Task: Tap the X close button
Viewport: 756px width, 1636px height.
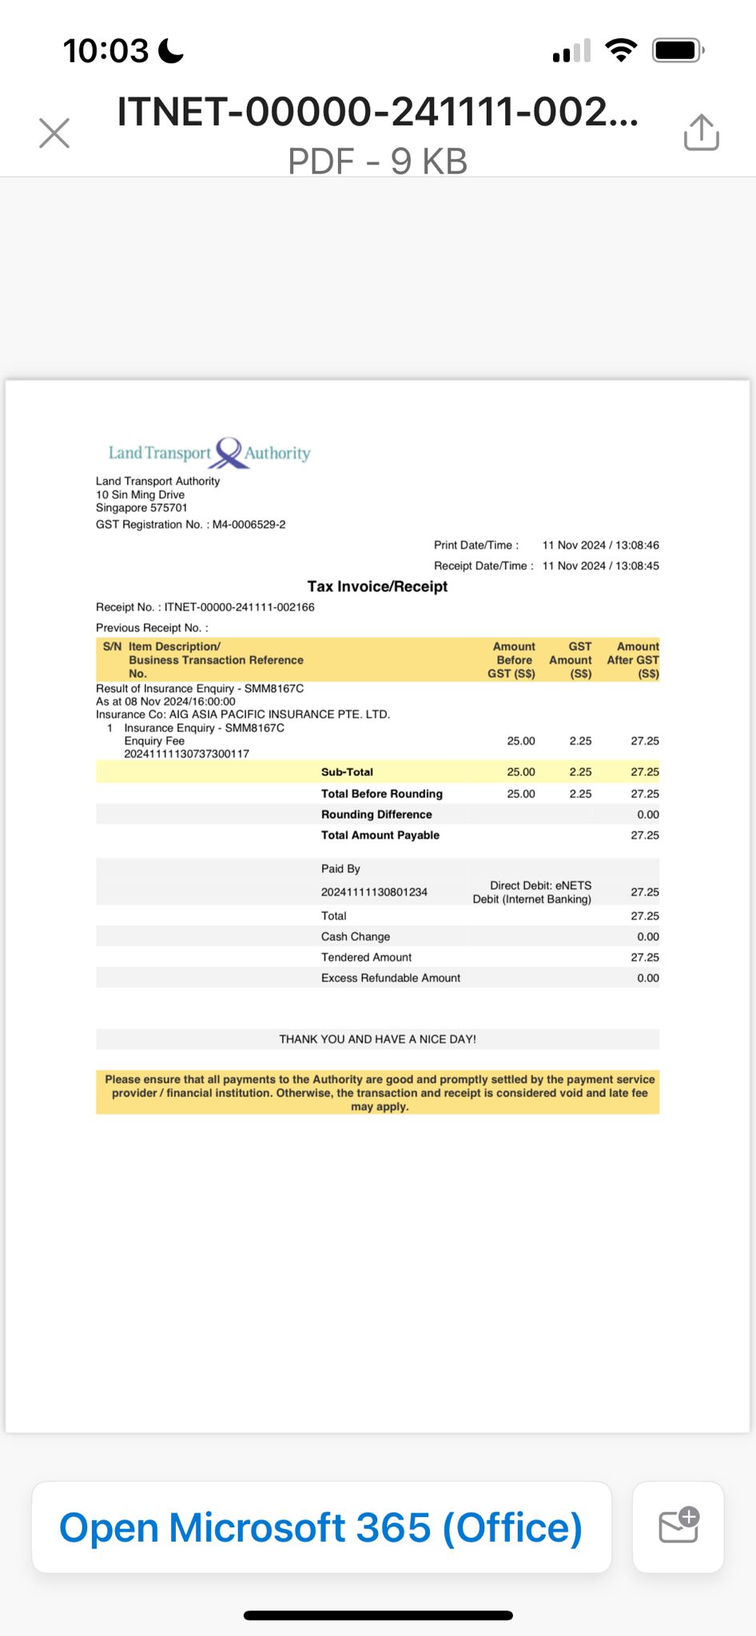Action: pyautogui.click(x=54, y=133)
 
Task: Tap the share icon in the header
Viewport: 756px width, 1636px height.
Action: pyautogui.click(x=701, y=132)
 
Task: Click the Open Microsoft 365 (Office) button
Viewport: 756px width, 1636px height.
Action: pyautogui.click(x=321, y=1527)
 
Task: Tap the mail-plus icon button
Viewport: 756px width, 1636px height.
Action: pyautogui.click(x=678, y=1526)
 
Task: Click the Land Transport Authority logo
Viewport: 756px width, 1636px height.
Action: pyautogui.click(x=209, y=453)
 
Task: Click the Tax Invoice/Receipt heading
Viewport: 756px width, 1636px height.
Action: pyautogui.click(x=377, y=586)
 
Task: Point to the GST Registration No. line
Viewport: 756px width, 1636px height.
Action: pyautogui.click(x=190, y=525)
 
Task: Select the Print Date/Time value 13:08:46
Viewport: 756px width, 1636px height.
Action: pyautogui.click(x=637, y=546)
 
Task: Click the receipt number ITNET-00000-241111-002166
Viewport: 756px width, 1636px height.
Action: pyautogui.click(x=239, y=607)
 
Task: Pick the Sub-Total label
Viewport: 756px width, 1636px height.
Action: pyautogui.click(x=347, y=772)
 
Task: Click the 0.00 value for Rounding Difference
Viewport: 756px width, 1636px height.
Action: pyautogui.click(x=647, y=815)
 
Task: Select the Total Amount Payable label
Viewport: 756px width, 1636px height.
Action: pyautogui.click(x=380, y=836)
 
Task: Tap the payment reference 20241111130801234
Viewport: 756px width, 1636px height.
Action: pyautogui.click(x=374, y=892)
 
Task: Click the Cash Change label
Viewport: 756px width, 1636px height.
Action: pyautogui.click(x=356, y=937)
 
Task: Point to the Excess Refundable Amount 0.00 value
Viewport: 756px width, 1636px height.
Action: pyautogui.click(x=647, y=979)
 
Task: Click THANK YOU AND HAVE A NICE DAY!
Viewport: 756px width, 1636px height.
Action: pyautogui.click(x=377, y=1039)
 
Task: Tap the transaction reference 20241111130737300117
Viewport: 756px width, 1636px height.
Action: pyautogui.click(x=186, y=754)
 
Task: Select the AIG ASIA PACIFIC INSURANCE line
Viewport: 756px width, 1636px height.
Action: pyautogui.click(x=243, y=715)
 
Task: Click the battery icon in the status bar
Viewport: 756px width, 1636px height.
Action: pyautogui.click(x=677, y=51)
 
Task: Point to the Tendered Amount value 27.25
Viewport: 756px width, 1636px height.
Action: pyautogui.click(x=644, y=958)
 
